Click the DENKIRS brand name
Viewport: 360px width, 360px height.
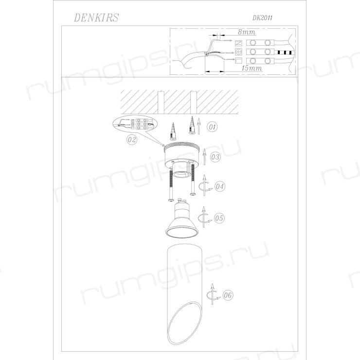[96, 18]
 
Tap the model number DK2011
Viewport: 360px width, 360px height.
[262, 18]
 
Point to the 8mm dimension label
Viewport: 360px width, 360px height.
[246, 32]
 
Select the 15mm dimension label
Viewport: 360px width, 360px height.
[252, 68]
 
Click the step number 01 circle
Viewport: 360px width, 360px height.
[212, 127]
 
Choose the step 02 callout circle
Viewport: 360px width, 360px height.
[132, 140]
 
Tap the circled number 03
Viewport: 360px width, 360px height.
[215, 157]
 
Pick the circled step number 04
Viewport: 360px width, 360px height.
[220, 186]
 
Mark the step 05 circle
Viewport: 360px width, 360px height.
[219, 218]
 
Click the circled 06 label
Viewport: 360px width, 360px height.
[228, 295]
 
